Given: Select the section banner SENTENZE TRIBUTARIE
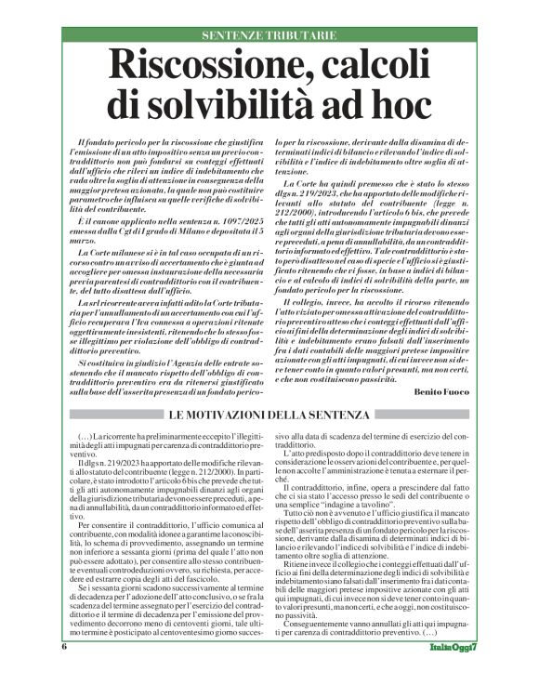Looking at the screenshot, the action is pos(269,35).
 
